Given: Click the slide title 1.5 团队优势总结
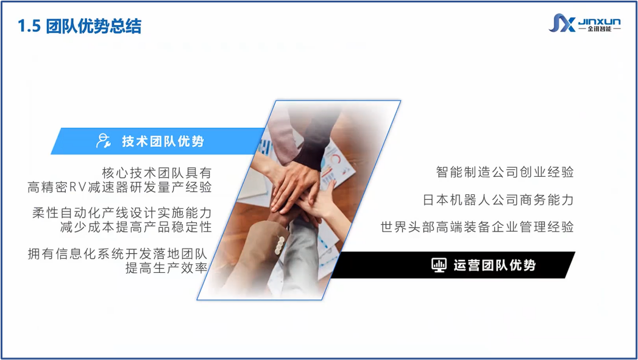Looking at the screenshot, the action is [x=79, y=26].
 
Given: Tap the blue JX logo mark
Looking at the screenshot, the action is [x=562, y=23].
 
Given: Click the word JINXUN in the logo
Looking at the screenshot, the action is [x=600, y=21].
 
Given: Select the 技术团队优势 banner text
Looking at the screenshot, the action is [x=163, y=141].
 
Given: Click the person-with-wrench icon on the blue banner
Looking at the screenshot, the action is [x=103, y=141].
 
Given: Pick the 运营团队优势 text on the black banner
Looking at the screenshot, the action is [x=494, y=265].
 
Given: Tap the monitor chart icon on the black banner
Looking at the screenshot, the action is [x=439, y=265].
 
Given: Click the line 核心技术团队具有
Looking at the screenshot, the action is [x=157, y=173].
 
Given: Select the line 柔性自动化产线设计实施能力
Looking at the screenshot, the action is [x=122, y=213].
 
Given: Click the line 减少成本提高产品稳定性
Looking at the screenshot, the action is [x=136, y=227].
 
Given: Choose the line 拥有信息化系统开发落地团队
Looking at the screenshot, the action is [x=118, y=254].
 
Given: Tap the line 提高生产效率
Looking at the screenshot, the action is [x=166, y=267].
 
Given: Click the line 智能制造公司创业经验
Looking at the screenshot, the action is [x=505, y=172].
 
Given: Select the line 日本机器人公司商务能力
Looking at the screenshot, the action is [x=498, y=200].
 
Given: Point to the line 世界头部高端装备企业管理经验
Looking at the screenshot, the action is [x=477, y=227].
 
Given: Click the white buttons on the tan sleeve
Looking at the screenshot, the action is [x=280, y=245].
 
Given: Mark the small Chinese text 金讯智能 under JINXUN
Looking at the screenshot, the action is [x=600, y=29].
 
